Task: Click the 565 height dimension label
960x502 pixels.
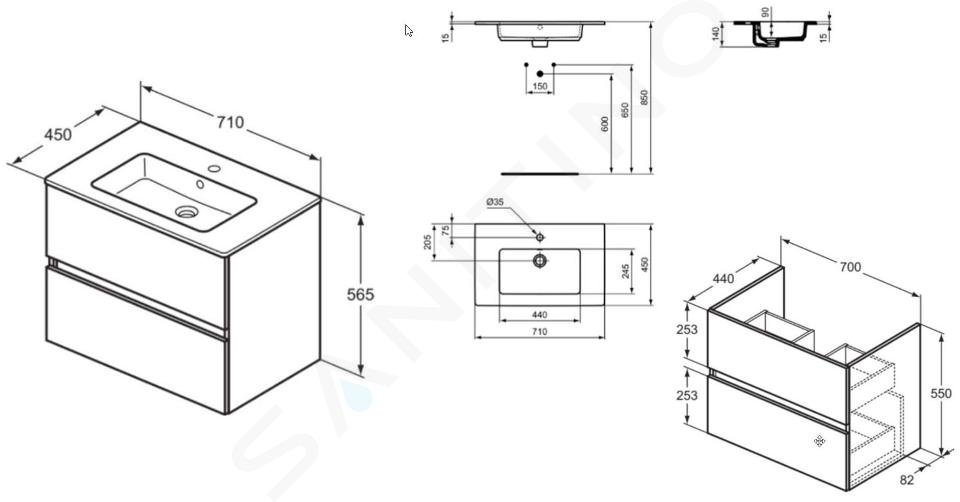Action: click(360, 294)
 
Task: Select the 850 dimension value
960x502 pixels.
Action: click(644, 98)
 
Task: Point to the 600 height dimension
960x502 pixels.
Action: click(606, 125)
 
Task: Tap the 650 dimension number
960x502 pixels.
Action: click(625, 110)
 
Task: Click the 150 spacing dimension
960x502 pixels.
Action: click(540, 87)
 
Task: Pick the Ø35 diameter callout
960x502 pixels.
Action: click(495, 201)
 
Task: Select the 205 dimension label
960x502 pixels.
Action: click(428, 242)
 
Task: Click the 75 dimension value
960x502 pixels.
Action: click(446, 230)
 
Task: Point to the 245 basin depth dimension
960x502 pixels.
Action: click(626, 271)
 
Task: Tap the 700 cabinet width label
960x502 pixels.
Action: click(850, 268)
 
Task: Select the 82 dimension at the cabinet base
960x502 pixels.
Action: click(907, 481)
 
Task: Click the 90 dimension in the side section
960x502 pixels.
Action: click(765, 12)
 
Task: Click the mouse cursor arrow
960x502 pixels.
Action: click(408, 31)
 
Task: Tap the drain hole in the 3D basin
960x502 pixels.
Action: click(187, 212)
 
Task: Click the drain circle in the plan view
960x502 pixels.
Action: click(539, 261)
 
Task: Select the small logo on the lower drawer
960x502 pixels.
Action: click(820, 441)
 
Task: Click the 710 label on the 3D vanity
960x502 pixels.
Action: click(230, 122)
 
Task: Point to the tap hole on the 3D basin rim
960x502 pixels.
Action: click(214, 168)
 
